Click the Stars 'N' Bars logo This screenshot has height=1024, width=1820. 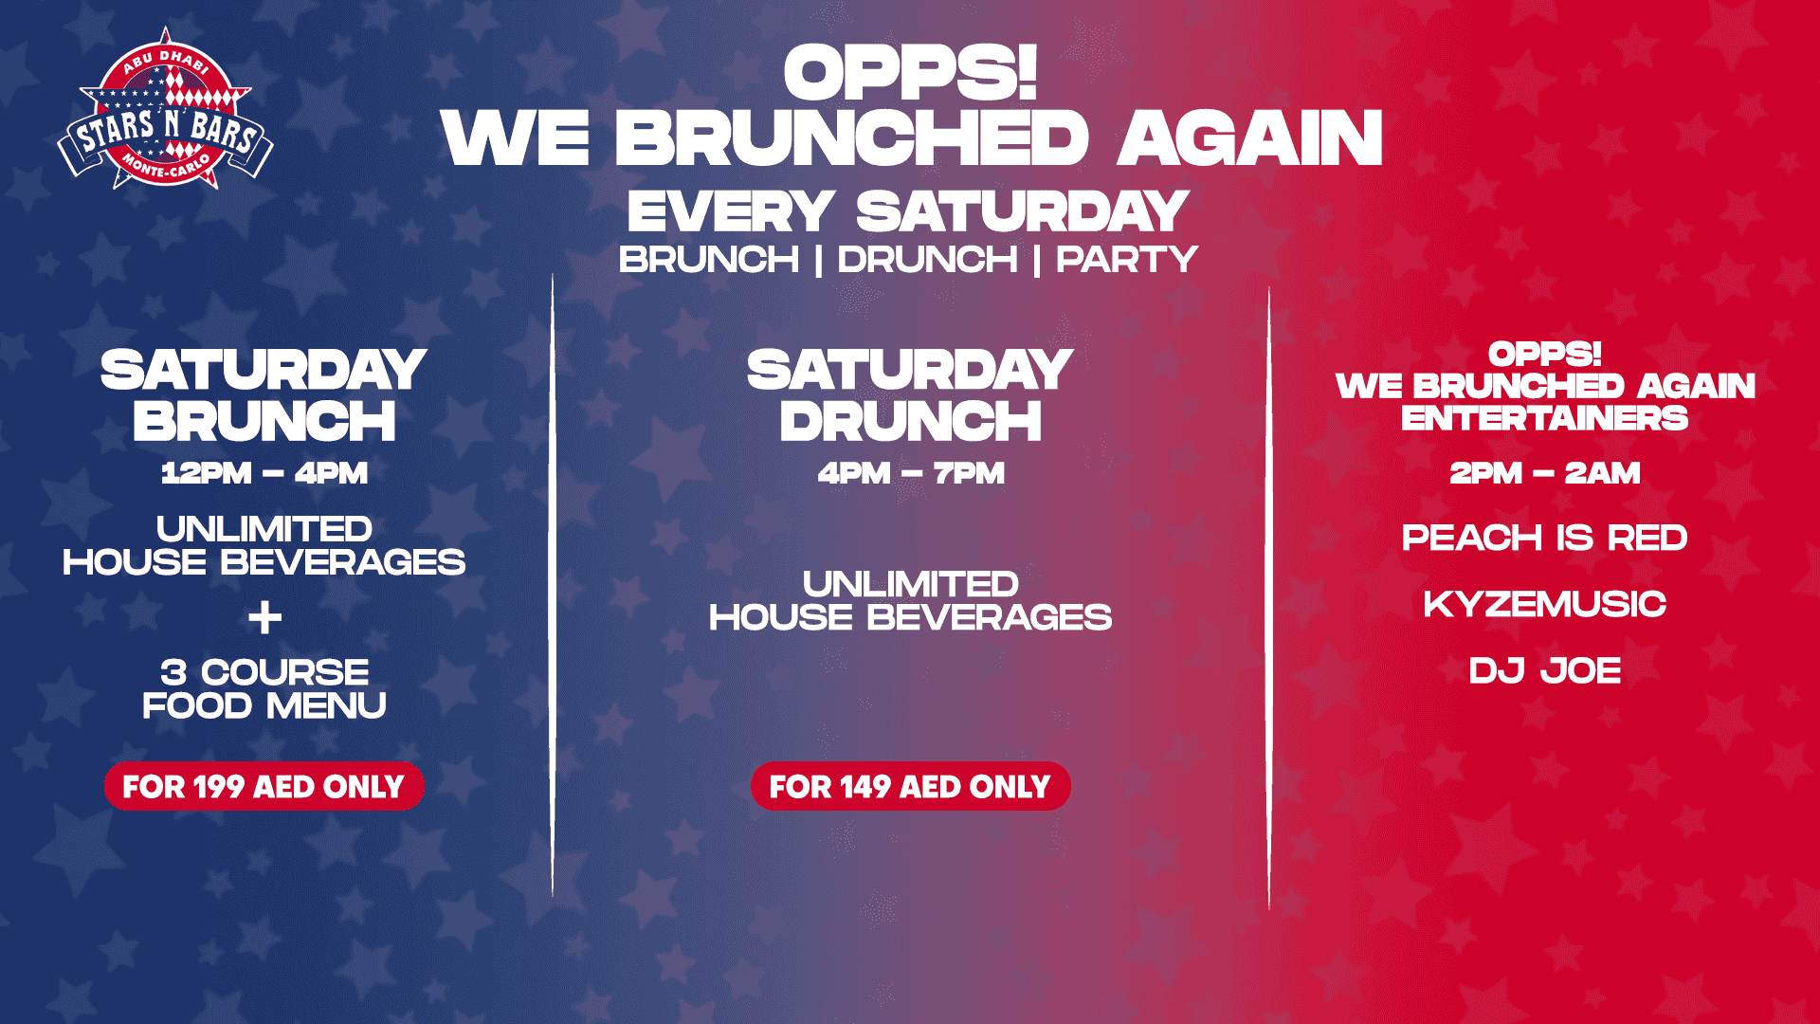click(165, 110)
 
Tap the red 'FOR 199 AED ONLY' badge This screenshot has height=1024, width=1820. click(264, 786)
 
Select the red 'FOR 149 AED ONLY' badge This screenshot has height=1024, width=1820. click(910, 786)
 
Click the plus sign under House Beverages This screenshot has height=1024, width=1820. click(264, 618)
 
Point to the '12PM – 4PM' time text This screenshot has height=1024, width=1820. click(264, 473)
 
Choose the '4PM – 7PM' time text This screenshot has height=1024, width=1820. click(911, 473)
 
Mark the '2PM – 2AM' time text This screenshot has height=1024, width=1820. click(1545, 473)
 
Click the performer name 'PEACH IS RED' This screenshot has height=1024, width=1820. click(1545, 538)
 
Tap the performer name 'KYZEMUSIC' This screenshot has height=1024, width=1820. click(1545, 604)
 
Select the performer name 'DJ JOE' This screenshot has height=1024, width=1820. click(1545, 670)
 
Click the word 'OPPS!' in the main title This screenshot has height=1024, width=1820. click(910, 73)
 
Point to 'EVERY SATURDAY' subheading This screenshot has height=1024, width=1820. click(908, 211)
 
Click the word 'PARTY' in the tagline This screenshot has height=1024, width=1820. click(1127, 260)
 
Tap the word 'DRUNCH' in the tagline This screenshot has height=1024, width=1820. click(927, 260)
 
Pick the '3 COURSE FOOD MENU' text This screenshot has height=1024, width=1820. click(264, 689)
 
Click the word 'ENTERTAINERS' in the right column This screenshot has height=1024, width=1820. click(1545, 418)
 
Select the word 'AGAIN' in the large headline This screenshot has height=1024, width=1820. click(1250, 139)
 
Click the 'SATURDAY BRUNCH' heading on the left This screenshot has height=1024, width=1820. click(264, 396)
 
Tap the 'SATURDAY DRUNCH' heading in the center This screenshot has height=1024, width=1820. click(910, 396)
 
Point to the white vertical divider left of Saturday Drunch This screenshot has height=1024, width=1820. click(553, 585)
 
